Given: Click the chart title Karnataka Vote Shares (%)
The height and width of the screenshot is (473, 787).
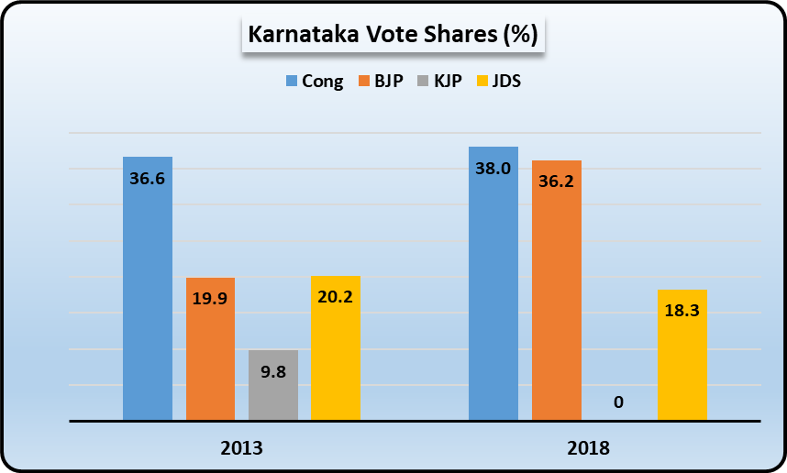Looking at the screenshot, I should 393,37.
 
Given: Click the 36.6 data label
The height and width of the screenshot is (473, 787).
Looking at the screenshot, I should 147,179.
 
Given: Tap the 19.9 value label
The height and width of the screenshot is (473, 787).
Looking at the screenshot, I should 210,299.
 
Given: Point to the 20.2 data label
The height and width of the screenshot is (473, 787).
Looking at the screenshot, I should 336,297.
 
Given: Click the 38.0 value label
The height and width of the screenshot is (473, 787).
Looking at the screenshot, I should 493,169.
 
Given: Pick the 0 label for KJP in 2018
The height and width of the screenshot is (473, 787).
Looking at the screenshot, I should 619,402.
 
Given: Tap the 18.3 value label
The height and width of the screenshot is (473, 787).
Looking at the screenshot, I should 682,311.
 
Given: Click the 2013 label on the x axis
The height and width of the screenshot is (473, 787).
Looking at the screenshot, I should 242,449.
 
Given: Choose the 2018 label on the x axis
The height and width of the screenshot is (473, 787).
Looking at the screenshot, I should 588,449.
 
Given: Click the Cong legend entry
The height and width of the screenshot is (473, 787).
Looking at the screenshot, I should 315,81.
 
